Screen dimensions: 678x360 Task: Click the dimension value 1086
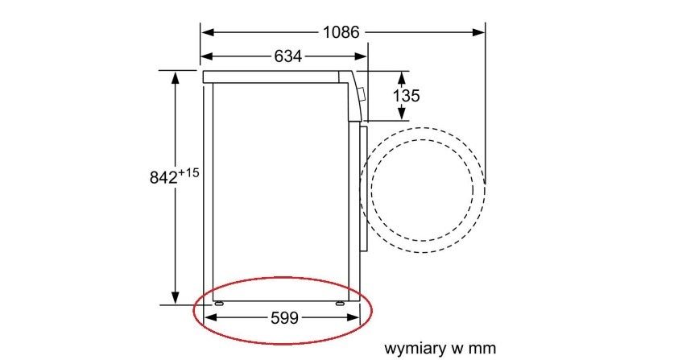(x=341, y=32)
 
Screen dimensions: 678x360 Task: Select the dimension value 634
(x=288, y=56)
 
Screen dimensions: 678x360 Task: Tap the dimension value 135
(x=406, y=95)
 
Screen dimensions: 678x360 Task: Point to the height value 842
(x=163, y=177)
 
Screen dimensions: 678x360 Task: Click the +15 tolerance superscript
(x=188, y=173)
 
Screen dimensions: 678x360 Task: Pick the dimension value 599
(x=284, y=318)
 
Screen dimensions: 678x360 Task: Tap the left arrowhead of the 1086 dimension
(x=208, y=32)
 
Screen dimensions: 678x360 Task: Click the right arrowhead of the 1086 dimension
(x=477, y=32)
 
